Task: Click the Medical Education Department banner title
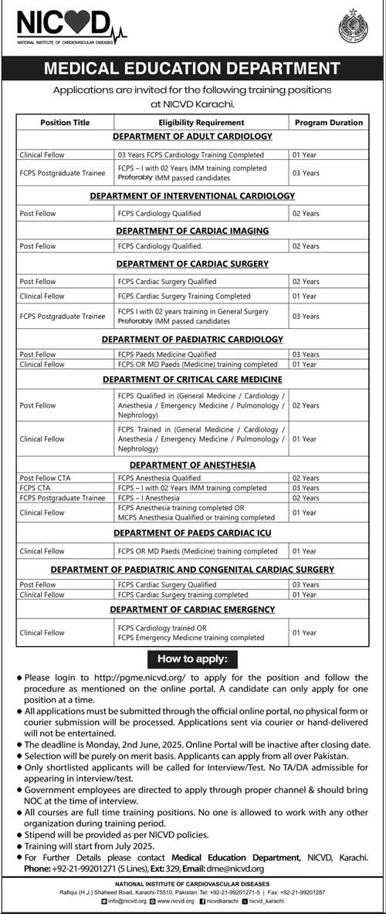(192, 69)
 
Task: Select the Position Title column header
(65, 122)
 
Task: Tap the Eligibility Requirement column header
(201, 122)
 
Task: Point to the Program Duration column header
(328, 122)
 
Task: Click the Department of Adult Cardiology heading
(192, 137)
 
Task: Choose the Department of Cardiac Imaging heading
(192, 230)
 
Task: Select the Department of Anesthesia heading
(192, 465)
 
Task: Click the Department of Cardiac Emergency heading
(192, 609)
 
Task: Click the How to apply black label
(192, 659)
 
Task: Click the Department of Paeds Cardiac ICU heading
(192, 533)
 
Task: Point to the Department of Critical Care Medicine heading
(192, 379)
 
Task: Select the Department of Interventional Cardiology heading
(192, 196)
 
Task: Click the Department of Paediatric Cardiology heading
(192, 339)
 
